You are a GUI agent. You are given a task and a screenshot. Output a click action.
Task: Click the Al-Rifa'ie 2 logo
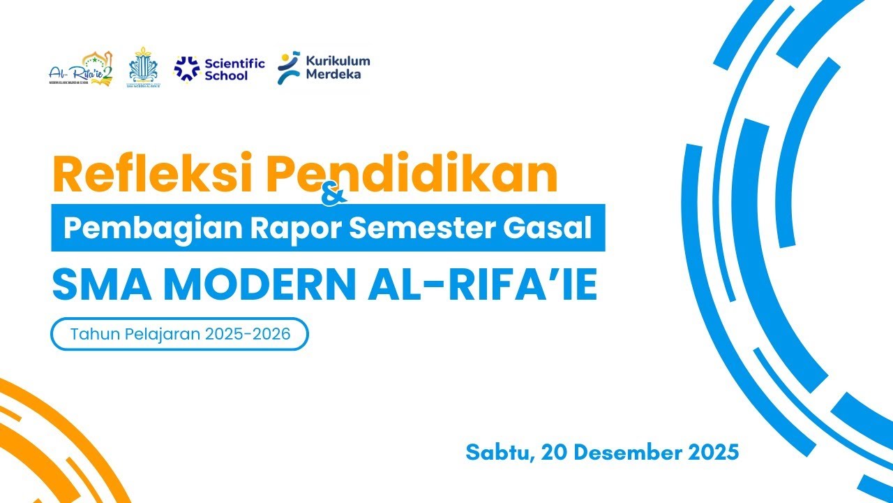coord(81,69)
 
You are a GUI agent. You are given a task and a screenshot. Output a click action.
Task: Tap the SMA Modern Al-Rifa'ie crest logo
coord(143,68)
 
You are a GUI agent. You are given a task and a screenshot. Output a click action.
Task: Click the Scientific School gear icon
coord(186,68)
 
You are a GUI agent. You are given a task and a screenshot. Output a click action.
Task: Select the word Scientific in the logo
coord(234,64)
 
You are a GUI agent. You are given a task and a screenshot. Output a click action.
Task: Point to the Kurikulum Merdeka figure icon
coord(289,68)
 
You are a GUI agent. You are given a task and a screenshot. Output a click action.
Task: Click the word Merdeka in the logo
coord(333,74)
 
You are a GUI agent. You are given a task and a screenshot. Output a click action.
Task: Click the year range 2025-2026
coord(248,334)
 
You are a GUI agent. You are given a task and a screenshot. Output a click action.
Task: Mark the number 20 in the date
coord(555,452)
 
